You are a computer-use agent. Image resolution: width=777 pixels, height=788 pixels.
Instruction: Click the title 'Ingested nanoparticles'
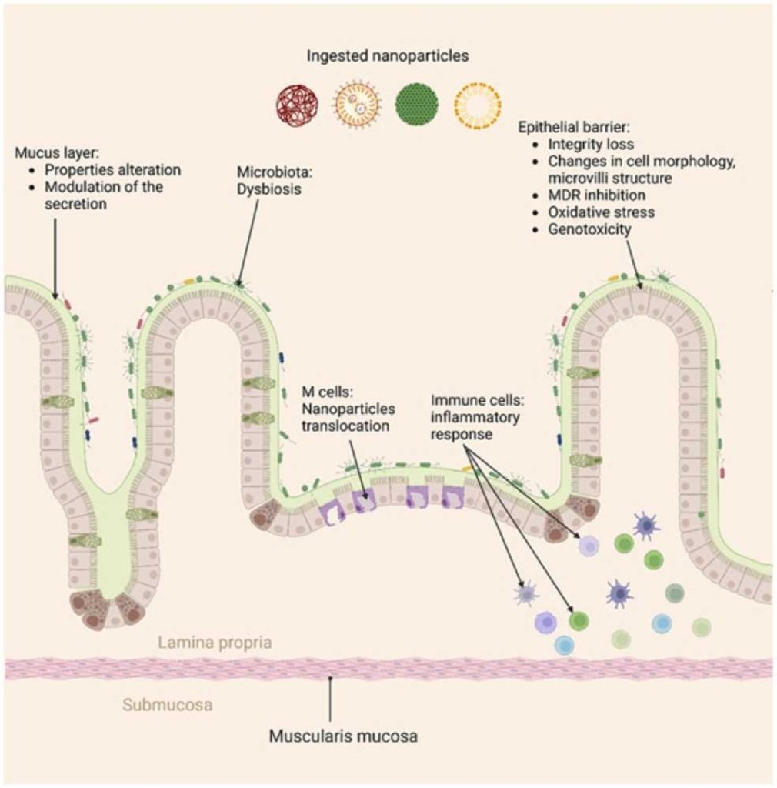(x=388, y=56)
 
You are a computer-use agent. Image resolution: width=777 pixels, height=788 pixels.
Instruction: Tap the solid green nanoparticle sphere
(x=417, y=106)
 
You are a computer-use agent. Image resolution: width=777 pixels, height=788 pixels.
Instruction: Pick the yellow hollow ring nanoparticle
(x=477, y=106)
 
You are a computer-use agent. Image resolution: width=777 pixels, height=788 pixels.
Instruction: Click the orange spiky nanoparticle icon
(x=357, y=106)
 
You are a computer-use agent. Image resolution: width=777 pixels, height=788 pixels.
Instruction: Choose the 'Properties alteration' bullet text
(x=112, y=170)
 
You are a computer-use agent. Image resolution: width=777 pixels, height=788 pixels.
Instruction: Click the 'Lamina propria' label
(x=215, y=643)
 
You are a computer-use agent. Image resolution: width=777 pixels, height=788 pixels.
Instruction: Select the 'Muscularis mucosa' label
(x=343, y=736)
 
